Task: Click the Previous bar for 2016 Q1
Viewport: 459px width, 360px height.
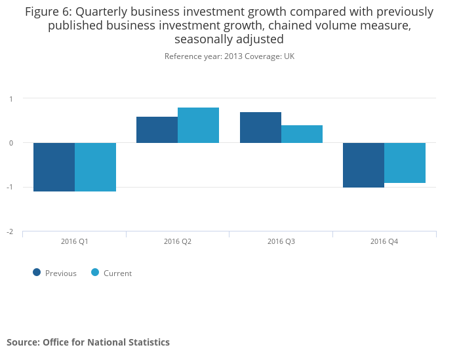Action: (x=54, y=167)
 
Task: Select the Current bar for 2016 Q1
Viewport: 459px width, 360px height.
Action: (x=95, y=167)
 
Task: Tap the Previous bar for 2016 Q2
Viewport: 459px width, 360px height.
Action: (x=157, y=130)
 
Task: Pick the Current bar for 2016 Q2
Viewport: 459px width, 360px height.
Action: (x=198, y=125)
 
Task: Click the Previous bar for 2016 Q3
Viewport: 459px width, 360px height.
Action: (x=260, y=127)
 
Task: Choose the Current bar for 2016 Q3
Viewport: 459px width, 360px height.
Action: (x=302, y=134)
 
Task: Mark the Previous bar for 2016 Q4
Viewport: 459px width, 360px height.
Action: (x=363, y=165)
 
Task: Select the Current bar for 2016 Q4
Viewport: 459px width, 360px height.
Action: (x=405, y=163)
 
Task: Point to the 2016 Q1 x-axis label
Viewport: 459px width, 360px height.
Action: (x=74, y=241)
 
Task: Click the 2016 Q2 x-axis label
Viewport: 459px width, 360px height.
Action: (x=178, y=241)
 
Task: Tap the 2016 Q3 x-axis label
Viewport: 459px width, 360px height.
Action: (x=281, y=241)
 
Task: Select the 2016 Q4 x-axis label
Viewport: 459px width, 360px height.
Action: (x=384, y=241)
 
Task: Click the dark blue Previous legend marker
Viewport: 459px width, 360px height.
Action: (x=37, y=273)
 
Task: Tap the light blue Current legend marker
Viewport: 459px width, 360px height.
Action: (x=95, y=273)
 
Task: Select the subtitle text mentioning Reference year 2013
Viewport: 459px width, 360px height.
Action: (x=229, y=56)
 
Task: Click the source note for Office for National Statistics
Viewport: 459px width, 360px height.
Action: (x=88, y=342)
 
